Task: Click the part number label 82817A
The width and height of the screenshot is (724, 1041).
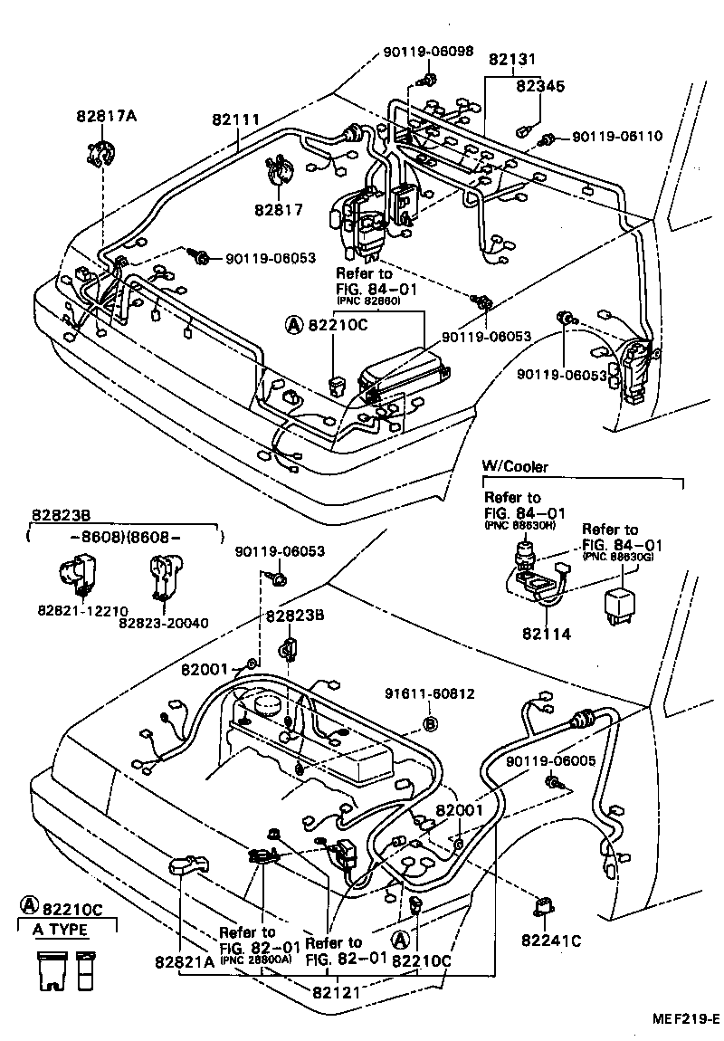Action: (106, 116)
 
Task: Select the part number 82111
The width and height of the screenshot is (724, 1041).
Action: (236, 119)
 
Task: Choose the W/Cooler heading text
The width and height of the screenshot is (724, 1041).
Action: (514, 467)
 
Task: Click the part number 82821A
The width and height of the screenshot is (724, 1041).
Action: (184, 962)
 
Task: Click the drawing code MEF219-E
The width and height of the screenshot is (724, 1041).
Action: (685, 1018)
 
